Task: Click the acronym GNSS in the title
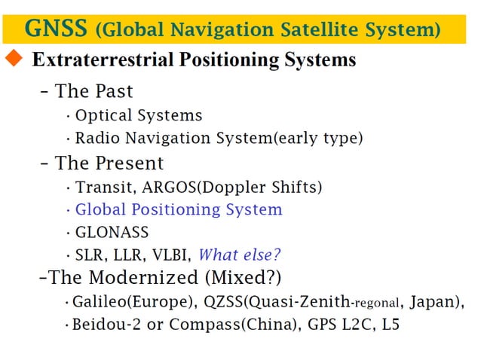57,29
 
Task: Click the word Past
115,91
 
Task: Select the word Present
130,163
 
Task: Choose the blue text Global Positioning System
179,209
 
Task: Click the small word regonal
375,304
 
